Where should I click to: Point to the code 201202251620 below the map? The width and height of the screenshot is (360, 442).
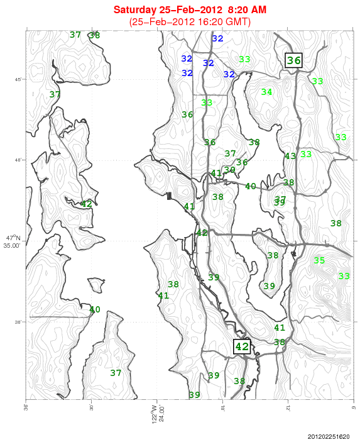[x=330, y=436]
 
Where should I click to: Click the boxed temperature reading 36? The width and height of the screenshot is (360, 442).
[x=294, y=60]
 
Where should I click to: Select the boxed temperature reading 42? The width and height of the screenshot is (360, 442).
[x=242, y=346]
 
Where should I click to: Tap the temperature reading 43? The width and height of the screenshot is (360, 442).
[x=290, y=156]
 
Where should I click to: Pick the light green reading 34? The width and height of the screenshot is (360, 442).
[x=266, y=92]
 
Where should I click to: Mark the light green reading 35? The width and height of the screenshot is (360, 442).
[x=319, y=260]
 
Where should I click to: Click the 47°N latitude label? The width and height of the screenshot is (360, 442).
[x=13, y=238]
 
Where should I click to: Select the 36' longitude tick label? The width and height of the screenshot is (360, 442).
[x=26, y=407]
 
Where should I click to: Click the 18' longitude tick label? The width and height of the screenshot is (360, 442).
[x=222, y=407]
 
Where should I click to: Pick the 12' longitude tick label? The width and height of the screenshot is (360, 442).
[x=288, y=407]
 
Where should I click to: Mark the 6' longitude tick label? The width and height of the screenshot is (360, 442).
[x=354, y=407]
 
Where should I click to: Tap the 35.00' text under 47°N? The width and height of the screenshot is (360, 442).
[x=13, y=245]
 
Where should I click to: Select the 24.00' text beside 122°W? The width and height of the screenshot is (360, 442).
[x=161, y=416]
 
